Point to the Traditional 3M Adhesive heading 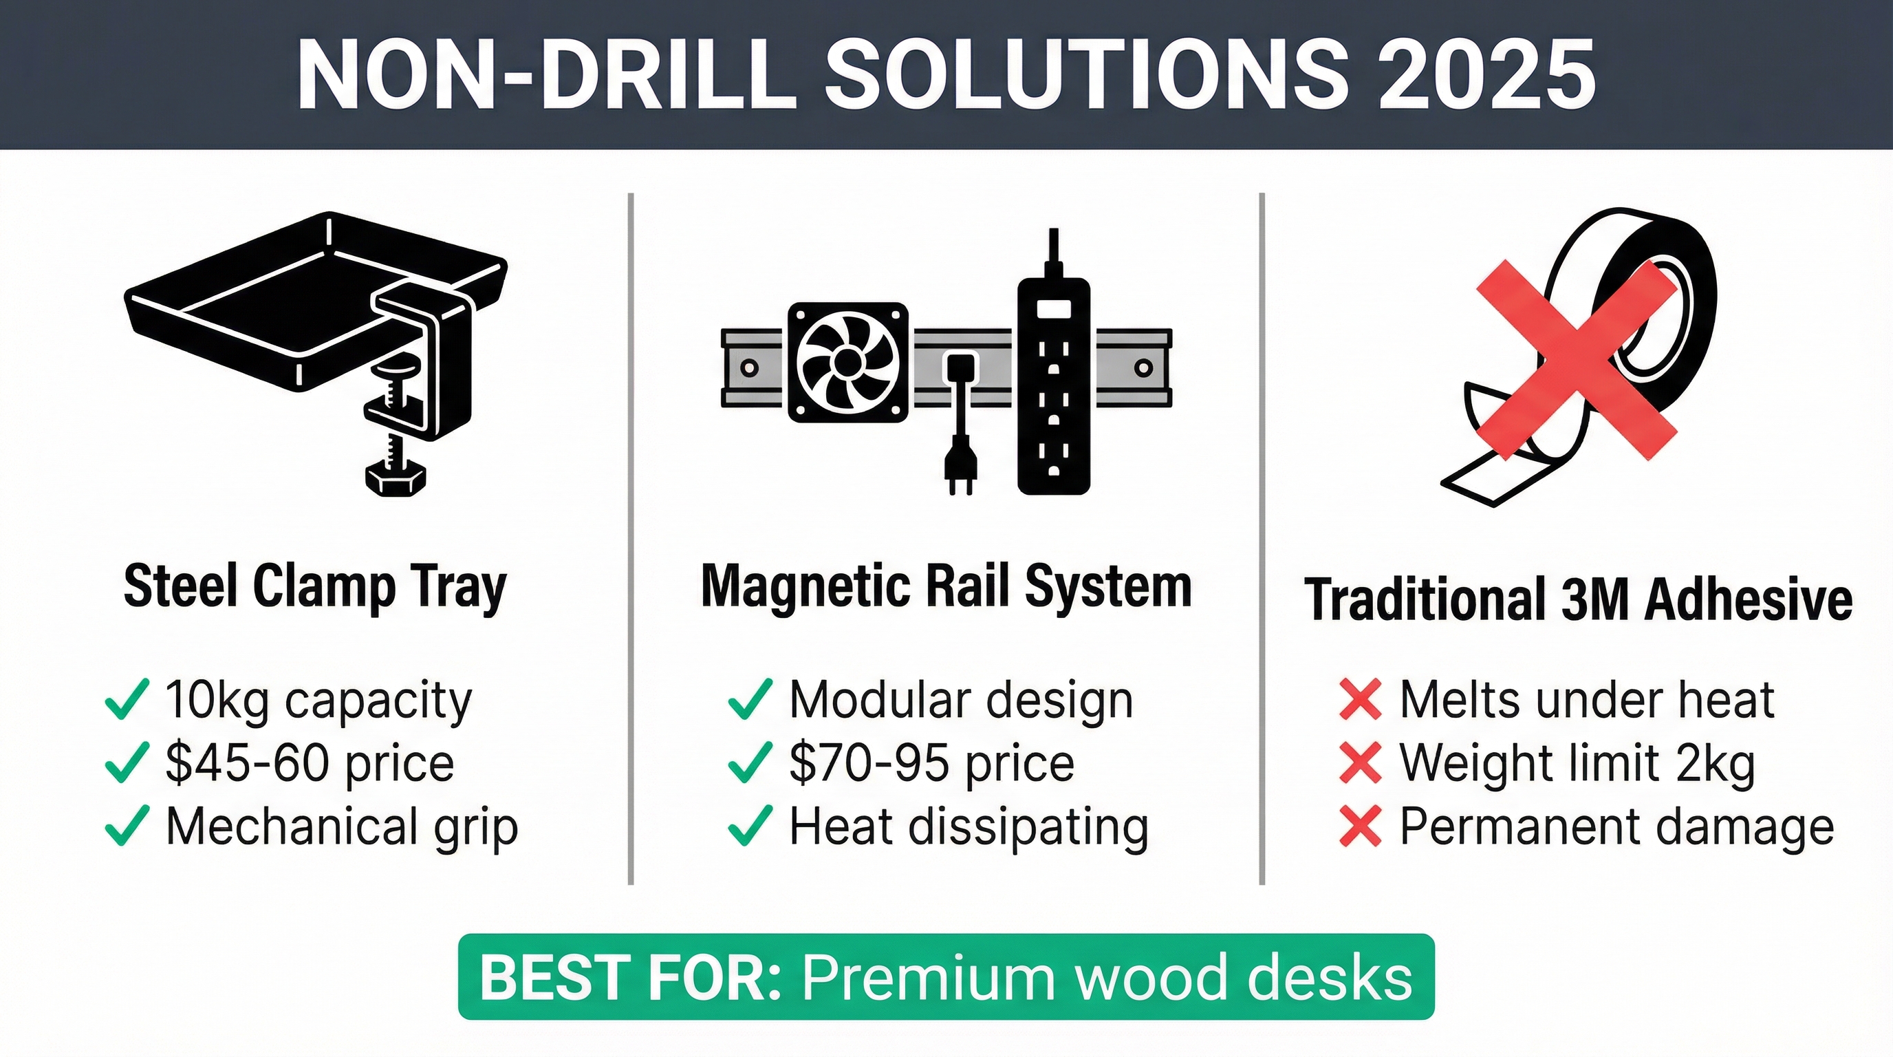pyautogui.click(x=1579, y=600)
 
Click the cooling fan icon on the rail pyautogui.click(x=847, y=363)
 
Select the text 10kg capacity pyautogui.click(x=319, y=700)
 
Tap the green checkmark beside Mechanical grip pyautogui.click(x=128, y=826)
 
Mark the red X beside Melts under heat pyautogui.click(x=1360, y=699)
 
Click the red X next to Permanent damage pyautogui.click(x=1360, y=826)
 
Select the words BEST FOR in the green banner pyautogui.click(x=631, y=977)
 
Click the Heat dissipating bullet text pyautogui.click(x=969, y=828)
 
